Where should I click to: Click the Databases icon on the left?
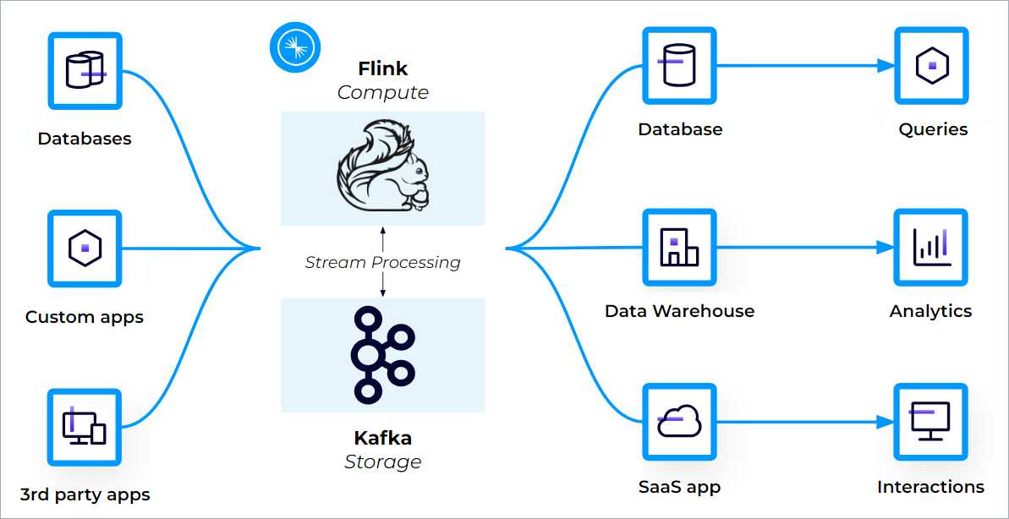pyautogui.click(x=85, y=70)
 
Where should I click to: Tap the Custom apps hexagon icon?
pyautogui.click(x=85, y=249)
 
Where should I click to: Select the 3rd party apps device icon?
pyautogui.click(x=85, y=427)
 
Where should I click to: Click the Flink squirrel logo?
pyautogui.click(x=382, y=168)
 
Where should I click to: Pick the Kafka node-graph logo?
pyautogui.click(x=382, y=354)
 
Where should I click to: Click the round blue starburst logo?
pyautogui.click(x=295, y=46)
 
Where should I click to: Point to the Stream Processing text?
pyautogui.click(x=382, y=263)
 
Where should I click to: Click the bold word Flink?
pyautogui.click(x=382, y=68)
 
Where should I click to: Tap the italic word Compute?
pyautogui.click(x=382, y=93)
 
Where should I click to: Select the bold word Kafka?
pyautogui.click(x=382, y=438)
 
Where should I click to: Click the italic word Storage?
pyautogui.click(x=382, y=462)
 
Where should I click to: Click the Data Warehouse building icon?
pyautogui.click(x=679, y=247)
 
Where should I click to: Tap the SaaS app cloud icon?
pyautogui.click(x=679, y=421)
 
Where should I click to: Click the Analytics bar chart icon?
pyautogui.click(x=931, y=247)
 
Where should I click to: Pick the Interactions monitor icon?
pyautogui.click(x=931, y=421)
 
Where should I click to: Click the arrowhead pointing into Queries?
pyautogui.click(x=886, y=65)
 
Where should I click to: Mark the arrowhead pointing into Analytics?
pyautogui.click(x=886, y=248)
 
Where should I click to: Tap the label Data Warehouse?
pyautogui.click(x=679, y=311)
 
